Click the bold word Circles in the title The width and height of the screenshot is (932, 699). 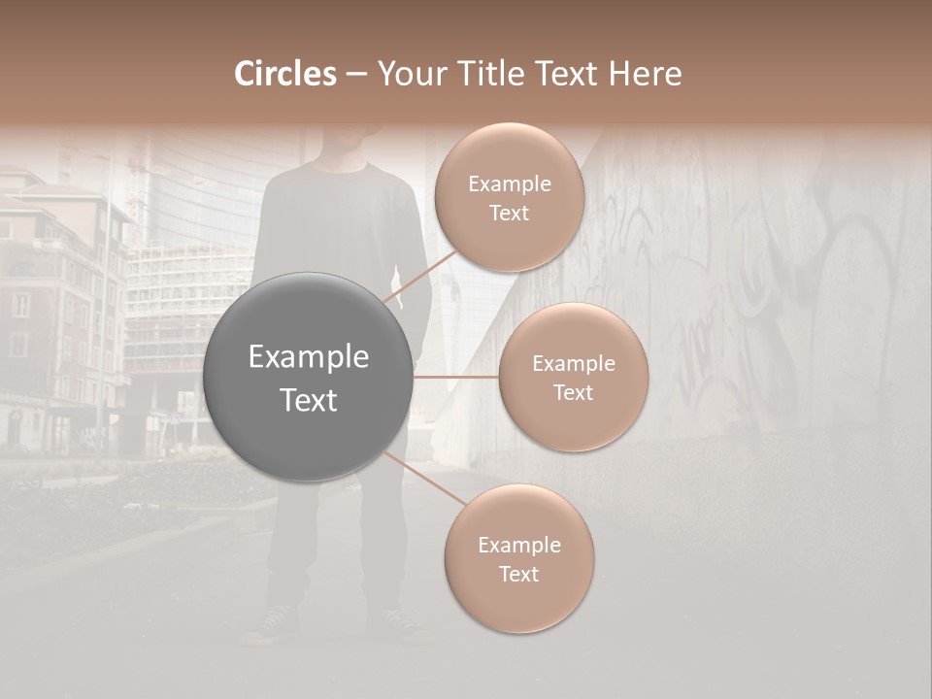284,74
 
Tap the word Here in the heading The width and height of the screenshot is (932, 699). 645,74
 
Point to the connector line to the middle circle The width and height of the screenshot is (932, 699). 455,377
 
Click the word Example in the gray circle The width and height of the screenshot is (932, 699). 308,357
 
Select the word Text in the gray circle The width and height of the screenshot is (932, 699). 308,400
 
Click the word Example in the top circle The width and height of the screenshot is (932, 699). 509,184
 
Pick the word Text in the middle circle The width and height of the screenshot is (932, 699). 573,393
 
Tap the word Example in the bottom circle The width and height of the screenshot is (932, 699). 518,546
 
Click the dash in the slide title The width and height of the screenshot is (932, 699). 355,75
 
